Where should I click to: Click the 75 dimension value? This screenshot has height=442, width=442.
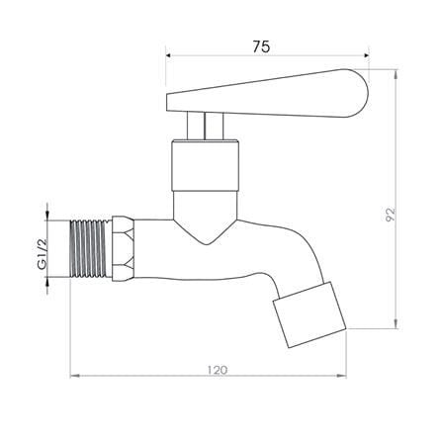point(261,46)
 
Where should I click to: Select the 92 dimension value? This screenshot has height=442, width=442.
point(391,215)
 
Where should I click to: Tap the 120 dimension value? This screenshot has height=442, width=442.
point(218,370)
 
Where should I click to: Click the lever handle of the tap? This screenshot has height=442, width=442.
point(267,94)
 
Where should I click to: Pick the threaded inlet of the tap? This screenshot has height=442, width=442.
point(91,248)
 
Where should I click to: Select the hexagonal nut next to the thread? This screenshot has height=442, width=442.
point(124,248)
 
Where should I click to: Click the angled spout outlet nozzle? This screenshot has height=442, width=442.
point(309,314)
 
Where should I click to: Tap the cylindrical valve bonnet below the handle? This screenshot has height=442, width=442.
point(205,165)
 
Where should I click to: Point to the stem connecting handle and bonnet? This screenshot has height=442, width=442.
point(205,126)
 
